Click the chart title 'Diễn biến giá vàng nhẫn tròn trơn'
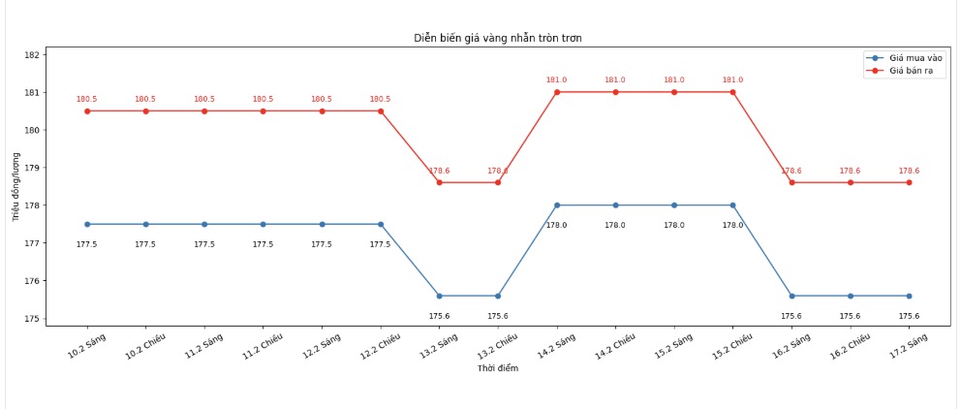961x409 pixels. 498,38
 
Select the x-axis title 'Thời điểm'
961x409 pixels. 498,368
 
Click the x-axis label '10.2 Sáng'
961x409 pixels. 86,346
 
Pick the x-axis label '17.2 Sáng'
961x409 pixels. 908,346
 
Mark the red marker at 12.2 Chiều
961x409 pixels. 381,110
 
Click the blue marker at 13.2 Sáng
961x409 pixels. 439,296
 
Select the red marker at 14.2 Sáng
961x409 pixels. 557,92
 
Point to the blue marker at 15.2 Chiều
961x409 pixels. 732,205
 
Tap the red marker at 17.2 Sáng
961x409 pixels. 909,182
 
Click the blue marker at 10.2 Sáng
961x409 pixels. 87,224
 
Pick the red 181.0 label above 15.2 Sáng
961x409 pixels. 674,80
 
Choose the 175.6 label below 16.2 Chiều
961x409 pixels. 850,316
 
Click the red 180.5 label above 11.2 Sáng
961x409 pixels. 204,99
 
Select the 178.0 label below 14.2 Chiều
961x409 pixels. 615,225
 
